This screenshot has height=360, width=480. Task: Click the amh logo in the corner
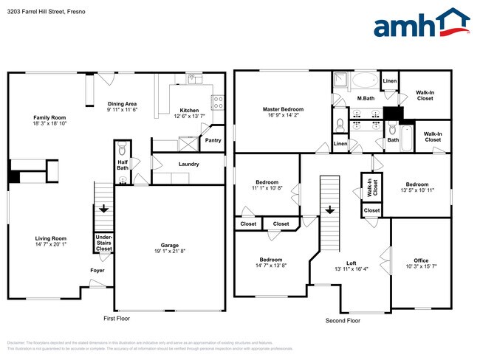(x=422, y=24)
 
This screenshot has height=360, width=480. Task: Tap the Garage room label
(x=170, y=246)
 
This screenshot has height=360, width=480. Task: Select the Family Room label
(x=49, y=118)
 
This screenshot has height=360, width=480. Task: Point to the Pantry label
(x=213, y=140)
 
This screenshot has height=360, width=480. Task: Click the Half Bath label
(x=123, y=165)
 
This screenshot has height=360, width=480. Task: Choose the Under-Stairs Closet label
(x=104, y=243)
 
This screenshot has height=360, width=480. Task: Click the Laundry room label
(x=188, y=164)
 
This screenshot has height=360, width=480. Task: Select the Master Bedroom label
(x=283, y=109)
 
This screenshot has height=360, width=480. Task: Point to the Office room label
(x=421, y=260)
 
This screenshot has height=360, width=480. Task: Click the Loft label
(x=352, y=263)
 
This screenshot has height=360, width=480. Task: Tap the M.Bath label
(x=364, y=98)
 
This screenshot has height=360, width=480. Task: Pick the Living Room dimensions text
(x=50, y=245)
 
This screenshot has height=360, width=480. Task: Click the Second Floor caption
(x=343, y=321)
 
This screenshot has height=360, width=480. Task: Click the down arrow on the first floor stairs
(x=103, y=210)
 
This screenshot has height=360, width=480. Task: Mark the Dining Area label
(x=122, y=104)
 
